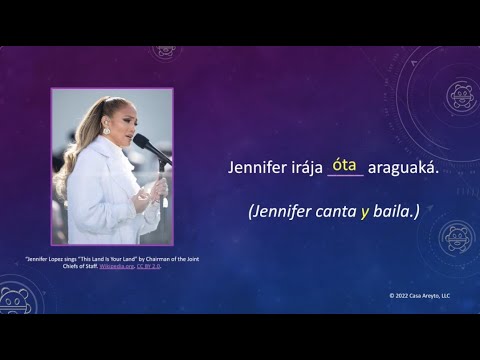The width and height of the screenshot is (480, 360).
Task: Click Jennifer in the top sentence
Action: click(x=258, y=170)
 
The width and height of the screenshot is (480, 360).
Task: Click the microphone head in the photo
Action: click(x=140, y=142)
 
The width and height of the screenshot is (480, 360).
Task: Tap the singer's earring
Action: click(x=105, y=131)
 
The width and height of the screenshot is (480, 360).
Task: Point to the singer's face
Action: click(x=118, y=121)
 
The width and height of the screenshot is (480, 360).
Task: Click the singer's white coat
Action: click(x=100, y=200)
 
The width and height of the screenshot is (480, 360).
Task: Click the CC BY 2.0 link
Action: click(x=146, y=268)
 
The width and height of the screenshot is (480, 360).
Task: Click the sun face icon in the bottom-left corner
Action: click(x=14, y=300)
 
